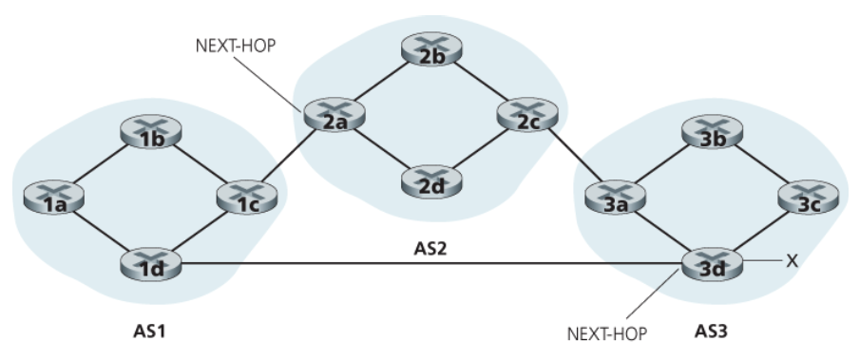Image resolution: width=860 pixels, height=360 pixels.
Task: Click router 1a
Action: click(x=54, y=198)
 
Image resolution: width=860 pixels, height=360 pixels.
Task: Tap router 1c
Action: click(x=247, y=198)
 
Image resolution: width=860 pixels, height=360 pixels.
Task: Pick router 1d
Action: click(x=150, y=263)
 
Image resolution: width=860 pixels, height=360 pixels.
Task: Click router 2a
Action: click(x=334, y=115)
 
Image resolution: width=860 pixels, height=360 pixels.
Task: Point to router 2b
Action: click(x=431, y=49)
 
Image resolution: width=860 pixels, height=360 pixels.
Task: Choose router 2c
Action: click(x=527, y=115)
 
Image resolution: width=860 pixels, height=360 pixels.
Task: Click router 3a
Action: click(x=616, y=198)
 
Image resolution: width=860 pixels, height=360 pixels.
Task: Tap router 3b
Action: click(x=712, y=131)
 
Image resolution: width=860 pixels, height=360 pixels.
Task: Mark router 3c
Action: click(x=809, y=198)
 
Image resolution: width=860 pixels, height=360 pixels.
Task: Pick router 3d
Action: click(x=712, y=263)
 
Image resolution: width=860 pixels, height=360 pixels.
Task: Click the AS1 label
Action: click(x=149, y=331)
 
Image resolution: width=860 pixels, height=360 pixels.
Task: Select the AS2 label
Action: click(x=430, y=249)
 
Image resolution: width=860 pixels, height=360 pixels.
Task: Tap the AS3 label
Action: click(x=711, y=331)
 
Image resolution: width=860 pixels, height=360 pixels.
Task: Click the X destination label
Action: click(x=792, y=261)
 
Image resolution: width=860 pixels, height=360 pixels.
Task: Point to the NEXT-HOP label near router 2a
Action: click(x=236, y=46)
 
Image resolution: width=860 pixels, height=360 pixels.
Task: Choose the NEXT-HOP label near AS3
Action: click(x=606, y=333)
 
